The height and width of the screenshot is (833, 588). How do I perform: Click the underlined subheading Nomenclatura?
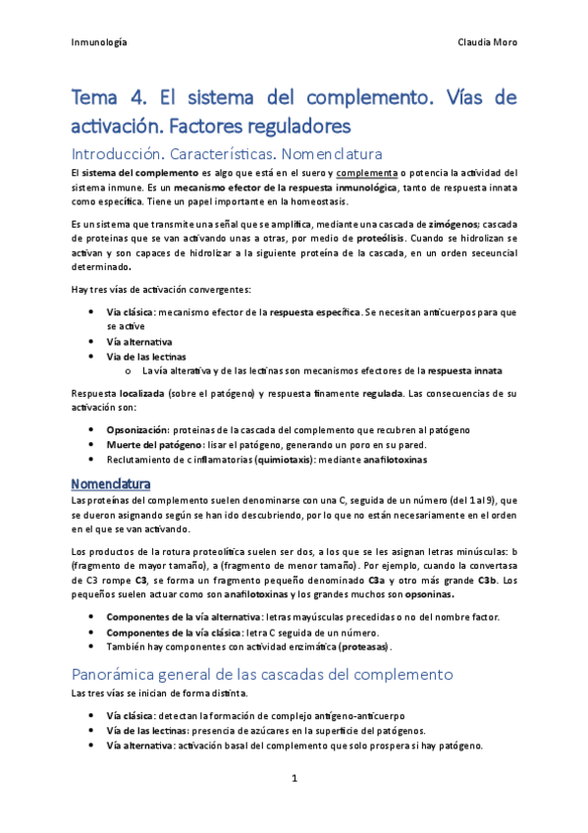click(x=111, y=484)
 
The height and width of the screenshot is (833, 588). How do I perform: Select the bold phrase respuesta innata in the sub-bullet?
click(x=461, y=370)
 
